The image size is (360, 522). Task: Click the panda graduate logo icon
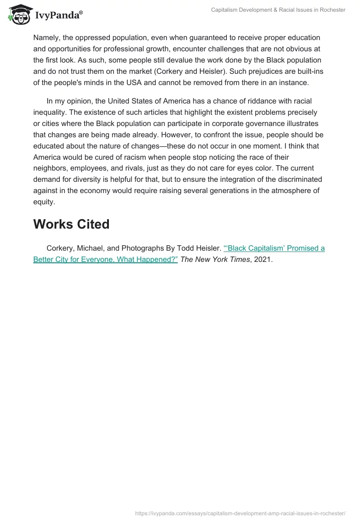(x=18, y=15)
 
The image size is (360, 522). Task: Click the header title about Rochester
(x=278, y=10)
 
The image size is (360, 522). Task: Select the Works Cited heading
(x=71, y=224)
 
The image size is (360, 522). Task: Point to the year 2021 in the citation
(x=263, y=260)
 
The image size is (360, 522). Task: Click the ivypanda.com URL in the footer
(x=240, y=513)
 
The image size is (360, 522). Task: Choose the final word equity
(x=43, y=202)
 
